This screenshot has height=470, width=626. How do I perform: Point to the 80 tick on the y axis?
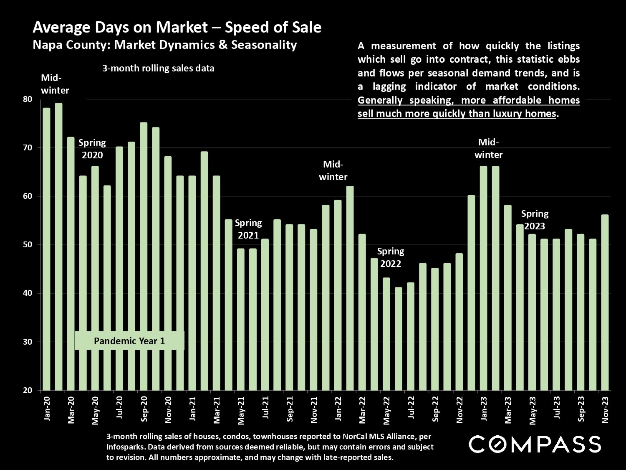tap(28, 99)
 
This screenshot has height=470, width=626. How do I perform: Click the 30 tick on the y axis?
tap(28, 342)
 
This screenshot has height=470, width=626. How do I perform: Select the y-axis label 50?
tap(28, 245)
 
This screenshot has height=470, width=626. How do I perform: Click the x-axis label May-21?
tap(241, 409)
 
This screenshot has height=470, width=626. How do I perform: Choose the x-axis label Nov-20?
tap(168, 409)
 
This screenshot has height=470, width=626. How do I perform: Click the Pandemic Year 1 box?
tap(129, 341)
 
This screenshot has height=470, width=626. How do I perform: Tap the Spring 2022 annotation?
tap(391, 257)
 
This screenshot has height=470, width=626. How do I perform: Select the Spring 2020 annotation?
tap(92, 149)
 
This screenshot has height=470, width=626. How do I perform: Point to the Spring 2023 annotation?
tap(535, 220)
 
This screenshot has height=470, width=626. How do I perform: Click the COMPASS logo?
tap(535, 444)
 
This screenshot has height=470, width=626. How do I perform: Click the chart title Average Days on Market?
tap(177, 28)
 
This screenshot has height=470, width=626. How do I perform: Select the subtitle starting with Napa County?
tap(165, 45)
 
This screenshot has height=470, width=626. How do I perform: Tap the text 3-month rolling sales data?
tap(158, 69)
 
